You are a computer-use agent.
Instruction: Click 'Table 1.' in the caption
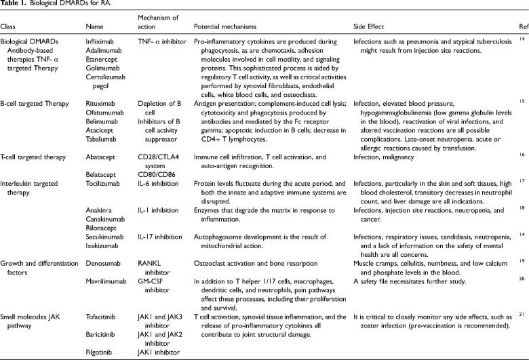pos(14,6)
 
